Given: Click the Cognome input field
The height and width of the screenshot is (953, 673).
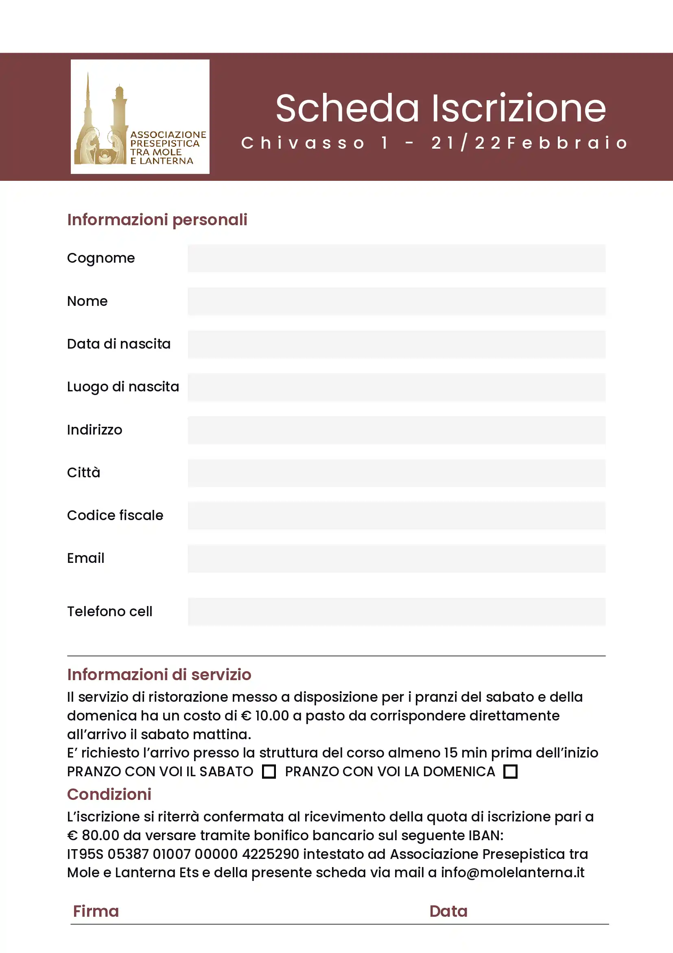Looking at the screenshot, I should (396, 258).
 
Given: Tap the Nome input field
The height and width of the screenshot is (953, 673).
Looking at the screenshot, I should (396, 301).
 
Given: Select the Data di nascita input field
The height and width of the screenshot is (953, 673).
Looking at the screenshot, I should (396, 344).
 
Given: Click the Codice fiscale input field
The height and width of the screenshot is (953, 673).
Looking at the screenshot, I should (396, 516).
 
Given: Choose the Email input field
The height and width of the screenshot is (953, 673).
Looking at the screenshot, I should (396, 558).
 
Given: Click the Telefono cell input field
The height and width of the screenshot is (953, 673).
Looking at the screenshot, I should (396, 611).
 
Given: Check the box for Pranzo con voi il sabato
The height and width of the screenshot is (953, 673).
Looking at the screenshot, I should (269, 772).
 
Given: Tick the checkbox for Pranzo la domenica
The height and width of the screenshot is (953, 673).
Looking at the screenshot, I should (510, 772).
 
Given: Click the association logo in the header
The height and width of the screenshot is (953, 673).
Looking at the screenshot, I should (140, 116).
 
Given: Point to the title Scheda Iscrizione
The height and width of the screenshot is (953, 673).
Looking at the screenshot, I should (440, 108).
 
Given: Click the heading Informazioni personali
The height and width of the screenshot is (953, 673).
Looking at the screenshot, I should (157, 220).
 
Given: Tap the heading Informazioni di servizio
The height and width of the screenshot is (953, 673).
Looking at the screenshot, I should (159, 674).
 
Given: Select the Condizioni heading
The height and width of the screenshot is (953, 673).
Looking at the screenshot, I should (109, 794).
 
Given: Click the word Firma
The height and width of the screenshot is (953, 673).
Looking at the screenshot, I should (96, 911).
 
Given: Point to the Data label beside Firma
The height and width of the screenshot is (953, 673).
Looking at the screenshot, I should (448, 911).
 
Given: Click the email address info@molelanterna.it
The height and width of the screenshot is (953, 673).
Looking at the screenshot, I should (512, 872).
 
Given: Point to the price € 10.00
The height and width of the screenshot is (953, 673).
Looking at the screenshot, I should (265, 716).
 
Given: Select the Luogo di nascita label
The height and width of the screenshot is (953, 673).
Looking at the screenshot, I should (123, 387).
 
